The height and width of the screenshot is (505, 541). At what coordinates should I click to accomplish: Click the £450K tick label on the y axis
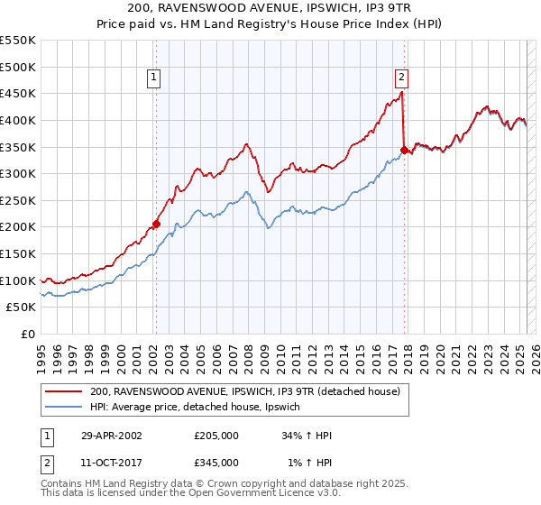[18, 93]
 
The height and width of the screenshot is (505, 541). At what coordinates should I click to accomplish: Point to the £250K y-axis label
[18, 200]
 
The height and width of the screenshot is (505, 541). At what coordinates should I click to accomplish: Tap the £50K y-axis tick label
[22, 308]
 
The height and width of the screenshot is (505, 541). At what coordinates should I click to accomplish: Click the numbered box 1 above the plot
[155, 78]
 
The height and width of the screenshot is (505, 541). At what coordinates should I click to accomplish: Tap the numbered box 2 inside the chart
[401, 78]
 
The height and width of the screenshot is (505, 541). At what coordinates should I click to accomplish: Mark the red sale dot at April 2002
[156, 224]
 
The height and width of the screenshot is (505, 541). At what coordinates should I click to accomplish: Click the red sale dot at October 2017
[404, 149]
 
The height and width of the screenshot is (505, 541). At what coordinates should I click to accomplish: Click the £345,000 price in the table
[216, 462]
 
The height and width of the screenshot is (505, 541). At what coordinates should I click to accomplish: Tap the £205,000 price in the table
[216, 435]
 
